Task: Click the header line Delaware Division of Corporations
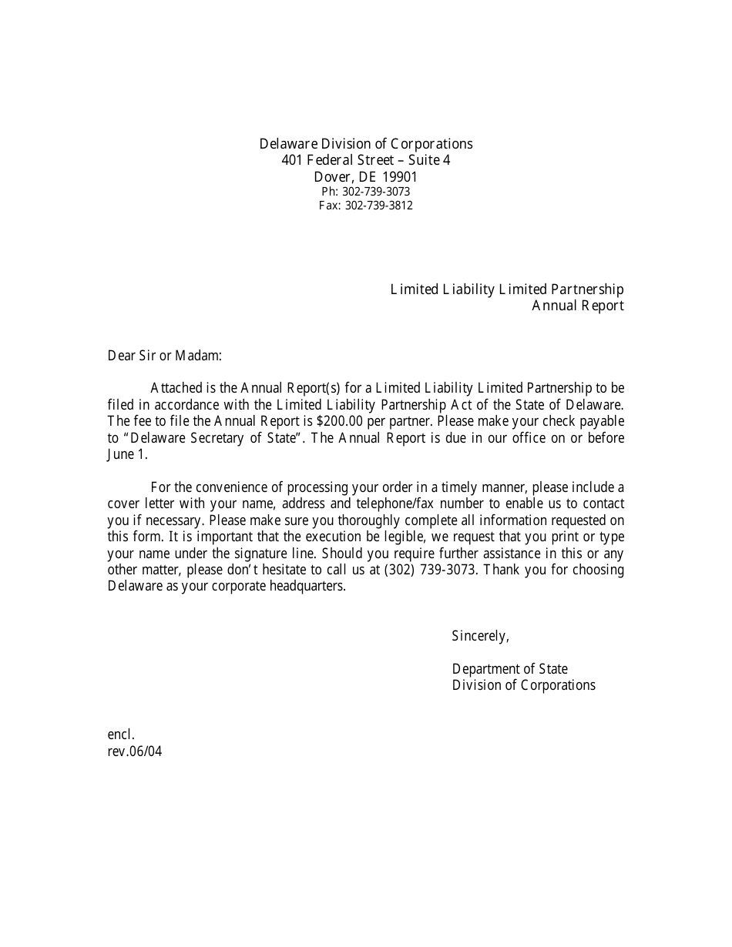tap(366, 144)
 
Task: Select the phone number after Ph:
tap(377, 192)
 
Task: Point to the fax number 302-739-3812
tap(378, 206)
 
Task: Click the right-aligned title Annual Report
tap(578, 306)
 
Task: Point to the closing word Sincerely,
tap(480, 636)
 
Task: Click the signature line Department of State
tap(510, 669)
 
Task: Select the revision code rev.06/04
tap(135, 751)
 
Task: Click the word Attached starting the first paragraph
tap(176, 388)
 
